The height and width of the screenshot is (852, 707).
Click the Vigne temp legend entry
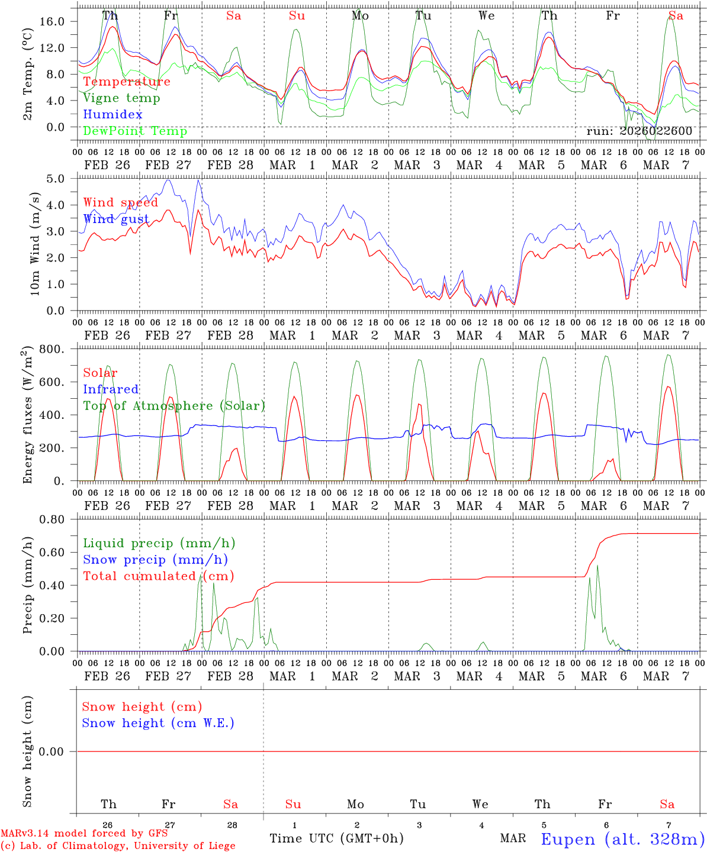[x=121, y=98]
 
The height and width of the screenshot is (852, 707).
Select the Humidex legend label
[x=113, y=115]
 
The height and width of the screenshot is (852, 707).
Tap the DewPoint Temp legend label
[x=135, y=131]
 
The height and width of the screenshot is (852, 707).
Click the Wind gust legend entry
[x=116, y=220]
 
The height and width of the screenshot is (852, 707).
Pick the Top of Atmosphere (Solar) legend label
[x=174, y=406]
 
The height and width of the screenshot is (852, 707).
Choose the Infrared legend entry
[x=111, y=389]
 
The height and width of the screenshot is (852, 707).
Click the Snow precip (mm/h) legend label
[x=155, y=560]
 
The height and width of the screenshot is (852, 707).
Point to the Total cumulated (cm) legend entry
[x=158, y=576]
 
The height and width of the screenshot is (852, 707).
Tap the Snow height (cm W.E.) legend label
[x=158, y=723]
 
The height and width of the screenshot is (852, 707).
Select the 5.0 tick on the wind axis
[x=59, y=179]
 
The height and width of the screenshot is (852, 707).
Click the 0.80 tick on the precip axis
[x=53, y=519]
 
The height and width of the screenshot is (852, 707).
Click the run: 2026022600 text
[x=639, y=131]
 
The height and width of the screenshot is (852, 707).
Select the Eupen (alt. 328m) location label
[x=622, y=839]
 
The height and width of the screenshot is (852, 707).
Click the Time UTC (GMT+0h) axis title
[x=336, y=838]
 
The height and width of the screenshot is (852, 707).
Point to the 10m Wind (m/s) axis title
[x=34, y=244]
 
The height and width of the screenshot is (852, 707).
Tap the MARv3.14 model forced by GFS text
[x=84, y=834]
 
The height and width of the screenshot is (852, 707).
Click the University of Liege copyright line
[x=118, y=846]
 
